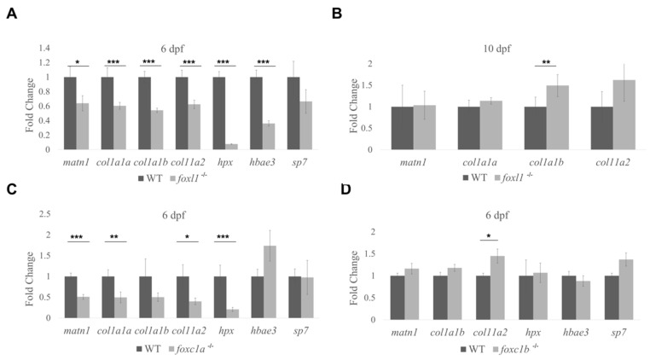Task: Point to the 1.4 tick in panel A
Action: [44, 48]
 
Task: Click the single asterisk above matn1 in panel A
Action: [77, 61]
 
